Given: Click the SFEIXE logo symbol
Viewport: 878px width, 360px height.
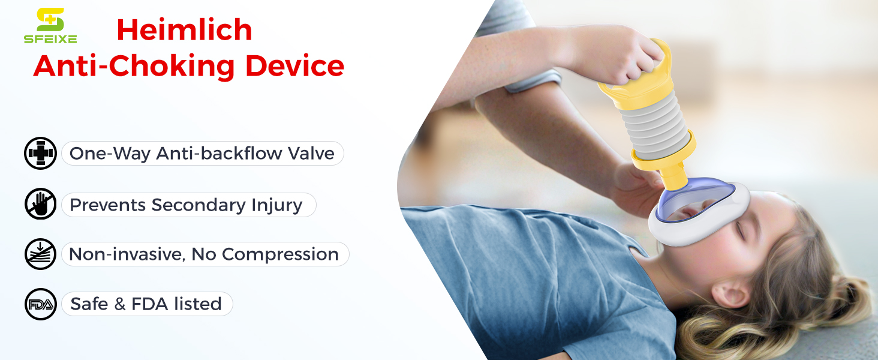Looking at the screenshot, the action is [50, 19].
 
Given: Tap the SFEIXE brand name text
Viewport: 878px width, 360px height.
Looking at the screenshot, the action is [50, 39].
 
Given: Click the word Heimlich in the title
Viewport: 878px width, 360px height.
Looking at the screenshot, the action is [184, 30].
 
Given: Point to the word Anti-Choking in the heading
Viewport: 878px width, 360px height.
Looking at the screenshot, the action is [134, 67].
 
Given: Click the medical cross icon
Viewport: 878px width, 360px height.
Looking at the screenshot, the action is [40, 153].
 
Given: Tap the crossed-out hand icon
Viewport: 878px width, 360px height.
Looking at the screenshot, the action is [40, 204].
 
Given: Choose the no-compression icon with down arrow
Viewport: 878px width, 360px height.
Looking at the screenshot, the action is [40, 254].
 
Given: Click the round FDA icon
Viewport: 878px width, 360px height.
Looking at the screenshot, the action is [40, 304].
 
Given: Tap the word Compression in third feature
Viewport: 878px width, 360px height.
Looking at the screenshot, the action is [280, 255].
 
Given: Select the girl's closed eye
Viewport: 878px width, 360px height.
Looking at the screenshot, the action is [740, 230].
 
